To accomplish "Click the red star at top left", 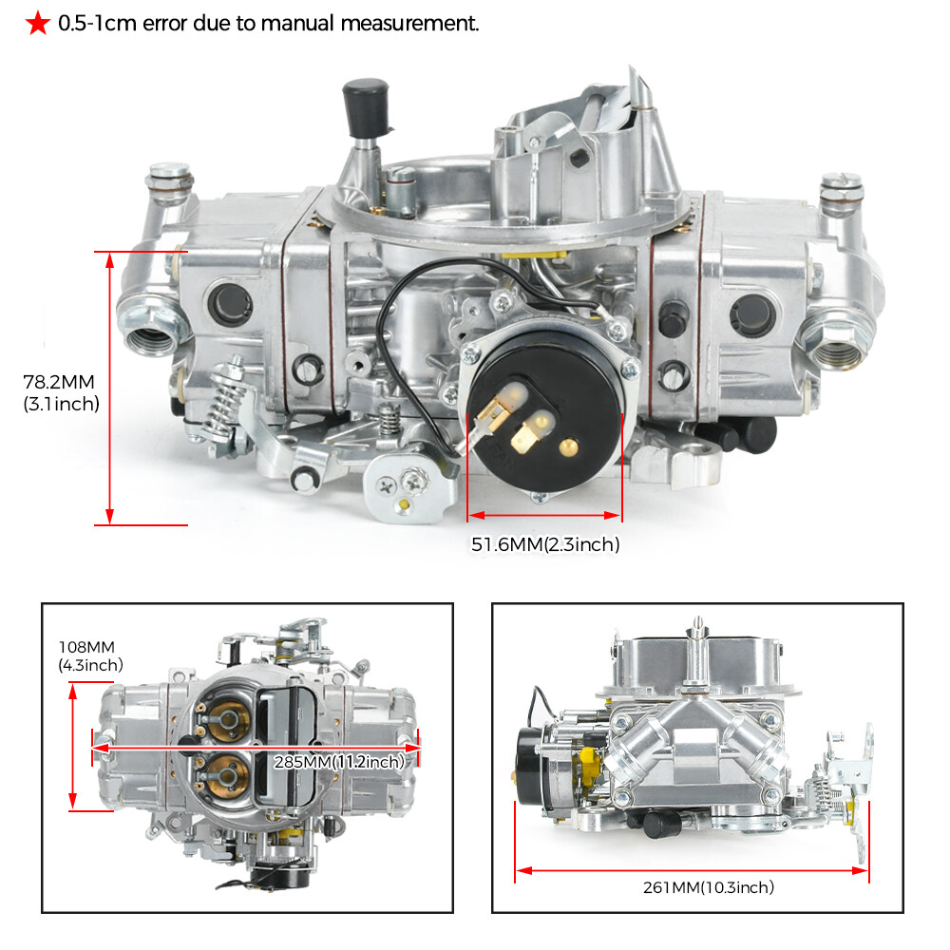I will click(x=37, y=24).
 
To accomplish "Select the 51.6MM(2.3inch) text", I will click(x=545, y=544).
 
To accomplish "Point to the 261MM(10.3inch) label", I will click(x=709, y=887).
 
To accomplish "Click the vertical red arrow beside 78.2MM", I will click(x=110, y=388).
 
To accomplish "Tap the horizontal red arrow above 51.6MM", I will click(x=544, y=516).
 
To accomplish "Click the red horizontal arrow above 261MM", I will click(x=691, y=868).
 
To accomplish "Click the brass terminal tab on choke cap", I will click(x=526, y=435).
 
